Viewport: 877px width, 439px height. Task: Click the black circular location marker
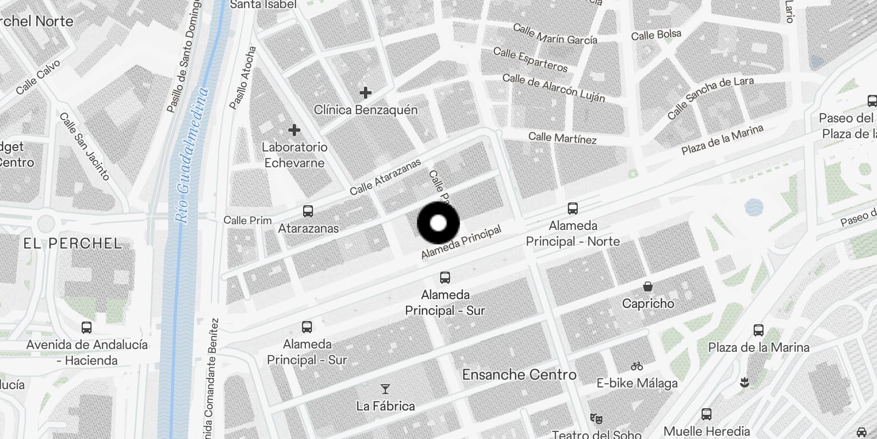438,223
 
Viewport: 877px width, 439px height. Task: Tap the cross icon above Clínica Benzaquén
365,93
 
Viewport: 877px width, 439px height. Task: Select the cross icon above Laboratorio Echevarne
294,130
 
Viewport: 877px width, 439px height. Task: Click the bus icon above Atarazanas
308,211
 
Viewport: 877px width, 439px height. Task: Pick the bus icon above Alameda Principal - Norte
573,209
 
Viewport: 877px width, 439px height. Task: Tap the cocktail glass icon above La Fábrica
385,389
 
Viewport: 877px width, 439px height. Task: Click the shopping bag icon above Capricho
648,286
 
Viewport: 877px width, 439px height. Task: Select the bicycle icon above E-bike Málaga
636,365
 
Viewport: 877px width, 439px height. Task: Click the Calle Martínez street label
562,138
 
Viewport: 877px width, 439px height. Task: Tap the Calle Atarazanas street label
385,177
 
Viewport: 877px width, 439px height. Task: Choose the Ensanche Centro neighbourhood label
519,375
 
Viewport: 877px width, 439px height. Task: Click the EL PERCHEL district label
72,243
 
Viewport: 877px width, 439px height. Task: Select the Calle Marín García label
555,34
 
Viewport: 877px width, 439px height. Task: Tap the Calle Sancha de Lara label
710,98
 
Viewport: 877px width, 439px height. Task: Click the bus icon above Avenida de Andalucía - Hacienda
87,328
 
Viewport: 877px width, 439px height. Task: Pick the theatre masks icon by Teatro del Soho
596,419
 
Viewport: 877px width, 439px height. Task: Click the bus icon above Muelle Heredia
707,414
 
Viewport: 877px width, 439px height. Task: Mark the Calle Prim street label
248,220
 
